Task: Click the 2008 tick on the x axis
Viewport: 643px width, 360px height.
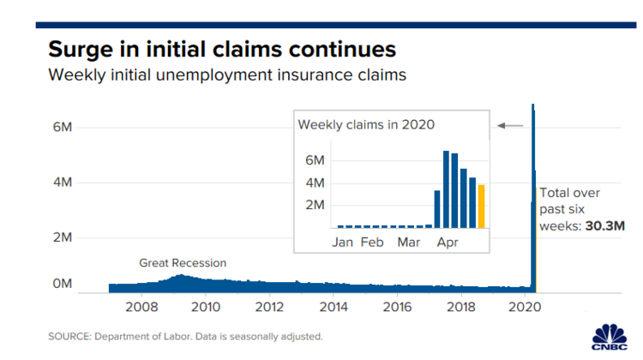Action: tap(141, 306)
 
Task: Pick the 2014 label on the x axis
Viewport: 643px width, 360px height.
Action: tap(334, 306)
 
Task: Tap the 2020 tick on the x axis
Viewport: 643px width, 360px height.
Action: tap(526, 306)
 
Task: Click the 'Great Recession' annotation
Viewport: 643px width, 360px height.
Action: tap(183, 263)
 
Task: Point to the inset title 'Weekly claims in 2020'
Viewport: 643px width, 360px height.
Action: tap(366, 124)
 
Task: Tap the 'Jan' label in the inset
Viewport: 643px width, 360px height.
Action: tap(343, 243)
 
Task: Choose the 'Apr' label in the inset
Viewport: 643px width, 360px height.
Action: tap(447, 243)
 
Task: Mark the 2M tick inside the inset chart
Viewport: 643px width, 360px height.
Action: tap(315, 206)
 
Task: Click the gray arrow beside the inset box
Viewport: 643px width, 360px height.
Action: tap(510, 126)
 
